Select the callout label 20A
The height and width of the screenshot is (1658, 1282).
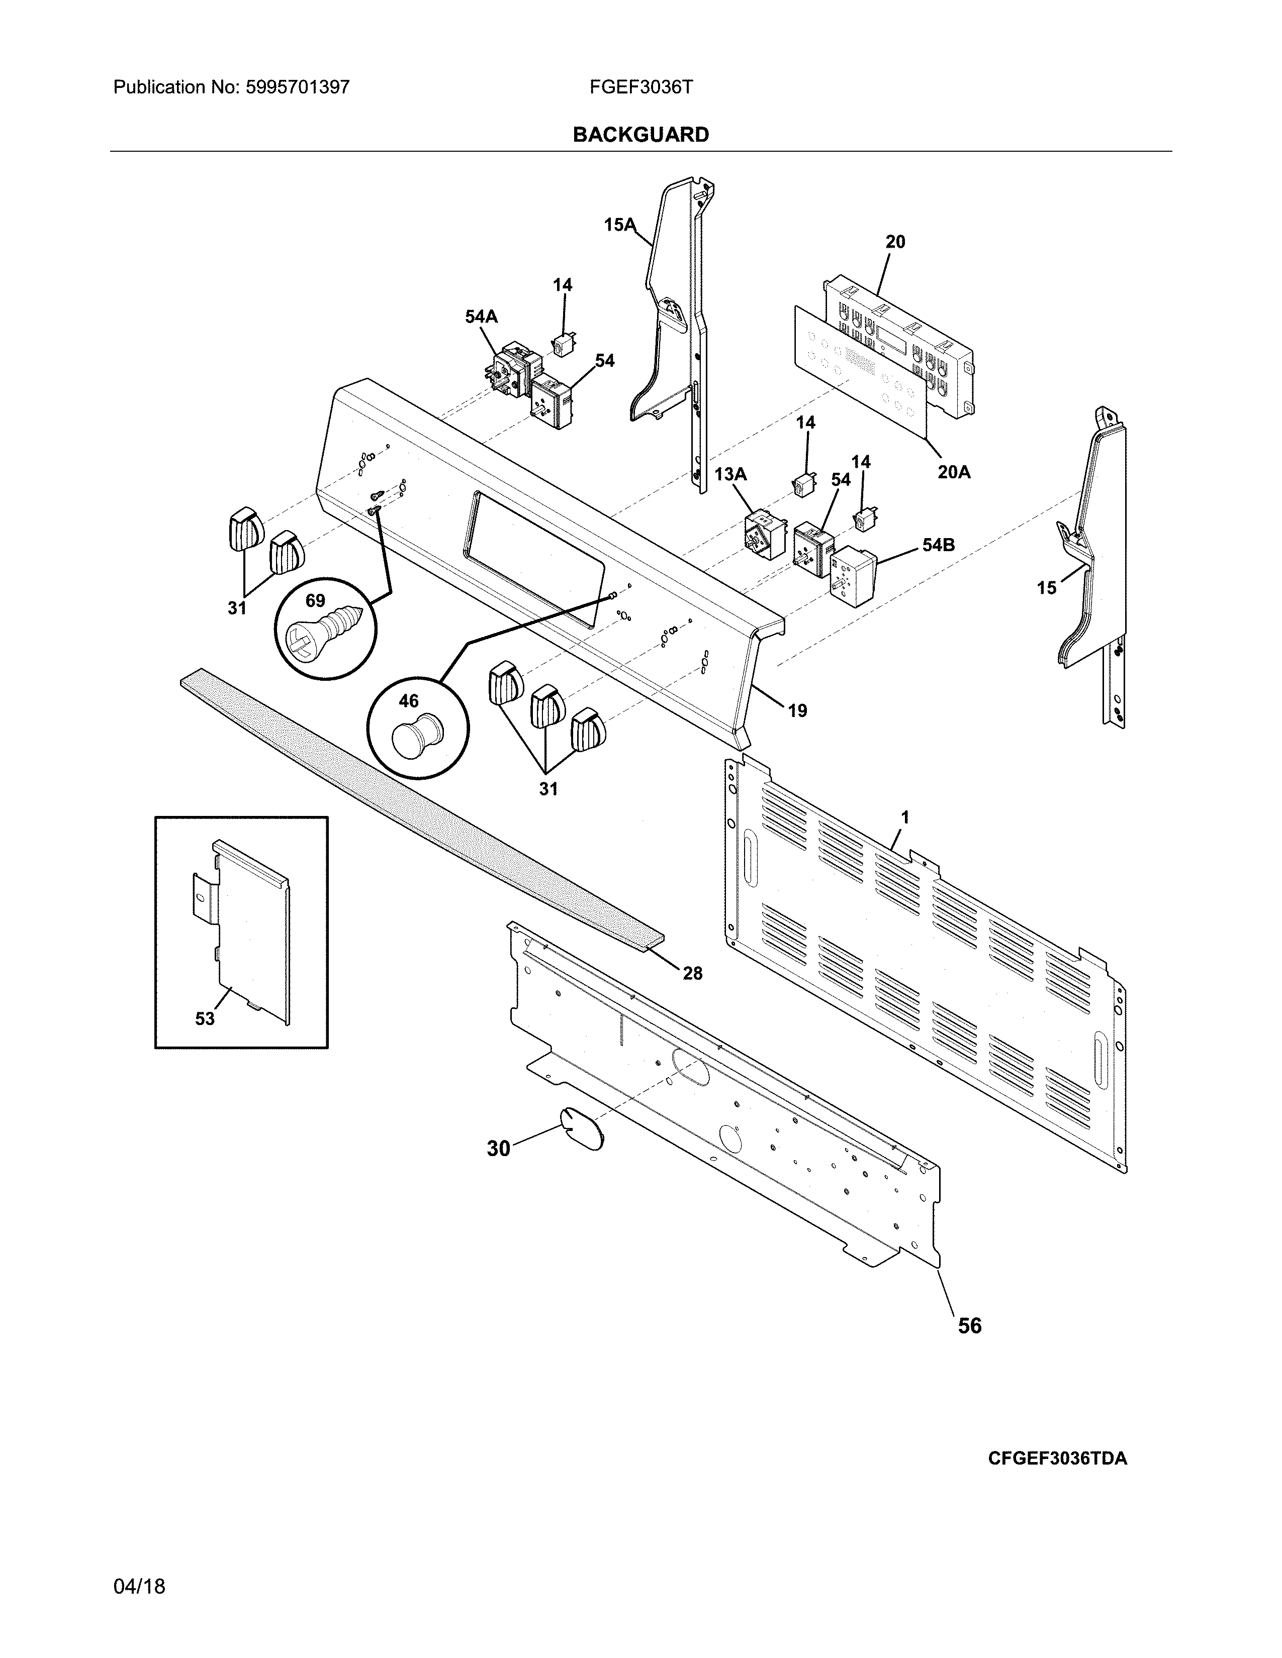953,472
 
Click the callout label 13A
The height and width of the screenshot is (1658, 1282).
730,474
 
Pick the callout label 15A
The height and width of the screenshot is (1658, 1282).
619,224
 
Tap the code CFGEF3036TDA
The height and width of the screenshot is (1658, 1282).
1057,1459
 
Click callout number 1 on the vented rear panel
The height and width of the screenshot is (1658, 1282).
904,817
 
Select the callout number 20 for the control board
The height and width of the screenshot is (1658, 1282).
895,241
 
